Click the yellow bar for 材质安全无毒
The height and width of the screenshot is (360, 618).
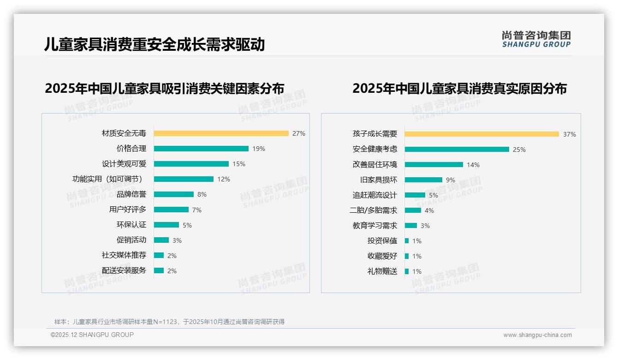tap(221, 133)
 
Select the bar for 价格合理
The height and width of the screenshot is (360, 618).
tap(201, 149)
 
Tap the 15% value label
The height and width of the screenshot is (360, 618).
tap(239, 164)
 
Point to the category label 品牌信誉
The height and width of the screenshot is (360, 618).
tap(131, 194)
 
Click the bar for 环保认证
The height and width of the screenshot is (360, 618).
tap(166, 225)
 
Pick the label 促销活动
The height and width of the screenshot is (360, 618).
tap(131, 240)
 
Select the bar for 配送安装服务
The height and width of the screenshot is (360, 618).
tap(159, 270)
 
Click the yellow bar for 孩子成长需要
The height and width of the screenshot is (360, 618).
tap(482, 134)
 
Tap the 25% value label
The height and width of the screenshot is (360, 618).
tap(519, 150)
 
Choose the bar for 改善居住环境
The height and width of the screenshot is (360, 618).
tap(434, 164)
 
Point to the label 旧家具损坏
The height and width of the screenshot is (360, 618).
tap(379, 180)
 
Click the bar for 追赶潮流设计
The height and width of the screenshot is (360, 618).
tap(415, 195)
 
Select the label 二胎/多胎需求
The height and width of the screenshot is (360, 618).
tap(373, 210)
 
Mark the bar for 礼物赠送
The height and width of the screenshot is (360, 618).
tap(407, 271)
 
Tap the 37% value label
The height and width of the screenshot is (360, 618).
tap(569, 135)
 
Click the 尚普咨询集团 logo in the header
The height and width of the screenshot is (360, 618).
tap(536, 39)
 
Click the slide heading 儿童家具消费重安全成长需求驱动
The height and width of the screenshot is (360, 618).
tap(154, 44)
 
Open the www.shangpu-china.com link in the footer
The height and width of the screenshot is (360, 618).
tap(537, 335)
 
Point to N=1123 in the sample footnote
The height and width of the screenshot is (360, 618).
tap(165, 322)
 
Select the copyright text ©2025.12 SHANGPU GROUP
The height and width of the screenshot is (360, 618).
tap(92, 335)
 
